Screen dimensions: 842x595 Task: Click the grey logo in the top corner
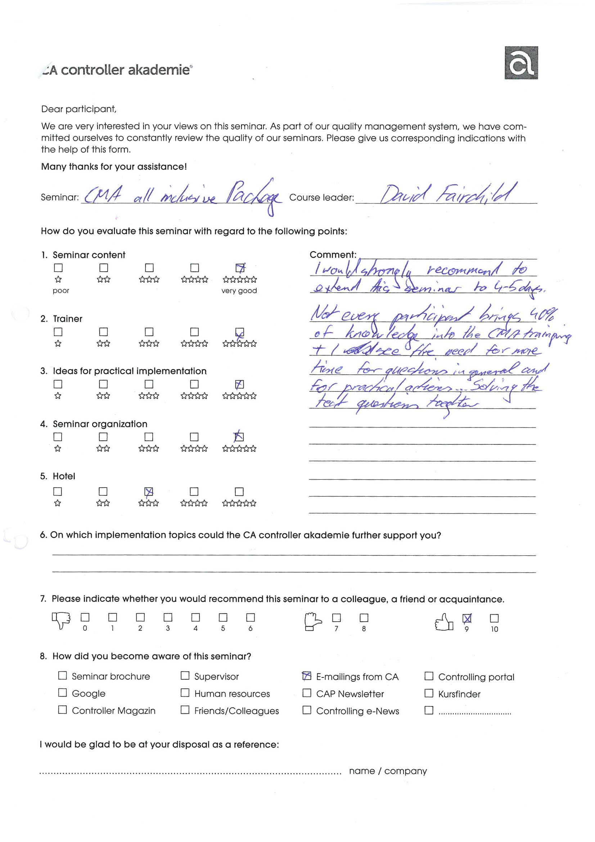[521, 63]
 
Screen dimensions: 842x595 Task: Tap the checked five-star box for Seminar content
[240, 268]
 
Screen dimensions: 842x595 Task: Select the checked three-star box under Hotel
[148, 492]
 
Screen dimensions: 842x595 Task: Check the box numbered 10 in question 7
[494, 618]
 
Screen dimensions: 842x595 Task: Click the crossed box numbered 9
[467, 618]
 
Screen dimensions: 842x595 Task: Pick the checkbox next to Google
[63, 693]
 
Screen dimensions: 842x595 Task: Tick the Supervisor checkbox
[185, 676]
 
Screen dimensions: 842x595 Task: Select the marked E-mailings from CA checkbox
[307, 676]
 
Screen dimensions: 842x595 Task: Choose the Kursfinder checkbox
[429, 693]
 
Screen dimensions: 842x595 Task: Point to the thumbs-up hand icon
[443, 622]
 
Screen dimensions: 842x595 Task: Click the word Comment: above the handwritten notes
[333, 255]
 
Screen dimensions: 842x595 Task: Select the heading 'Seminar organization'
[100, 424]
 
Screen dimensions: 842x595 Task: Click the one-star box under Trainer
[58, 332]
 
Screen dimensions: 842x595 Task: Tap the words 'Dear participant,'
[79, 109]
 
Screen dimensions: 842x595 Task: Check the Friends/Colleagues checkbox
[185, 710]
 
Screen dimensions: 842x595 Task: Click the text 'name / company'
[388, 771]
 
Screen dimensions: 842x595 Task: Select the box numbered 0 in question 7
[85, 617]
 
